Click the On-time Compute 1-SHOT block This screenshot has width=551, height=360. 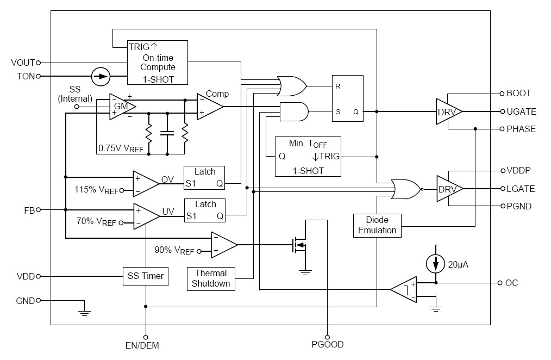click(158, 62)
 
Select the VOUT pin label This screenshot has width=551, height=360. click(23, 63)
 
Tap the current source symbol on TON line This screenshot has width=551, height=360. click(100, 76)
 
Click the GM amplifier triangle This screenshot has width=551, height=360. click(120, 107)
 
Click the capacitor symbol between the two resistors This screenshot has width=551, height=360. click(167, 132)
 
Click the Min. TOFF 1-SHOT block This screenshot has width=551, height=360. click(308, 157)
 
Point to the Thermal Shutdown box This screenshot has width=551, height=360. click(211, 278)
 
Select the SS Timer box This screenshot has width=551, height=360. click(145, 276)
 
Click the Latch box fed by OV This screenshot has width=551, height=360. click(205, 178)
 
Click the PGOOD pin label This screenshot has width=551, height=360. click(327, 344)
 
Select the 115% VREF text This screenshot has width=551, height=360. click(96, 190)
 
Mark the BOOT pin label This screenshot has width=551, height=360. click(518, 93)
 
